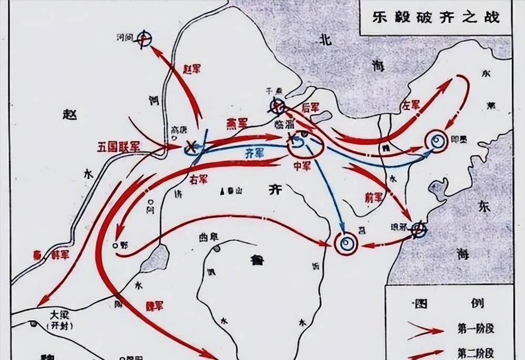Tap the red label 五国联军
point(119,146)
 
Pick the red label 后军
point(311,107)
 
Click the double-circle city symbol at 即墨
point(437,141)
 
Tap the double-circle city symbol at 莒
point(346,243)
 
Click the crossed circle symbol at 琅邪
point(418,230)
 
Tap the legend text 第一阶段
point(470,330)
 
